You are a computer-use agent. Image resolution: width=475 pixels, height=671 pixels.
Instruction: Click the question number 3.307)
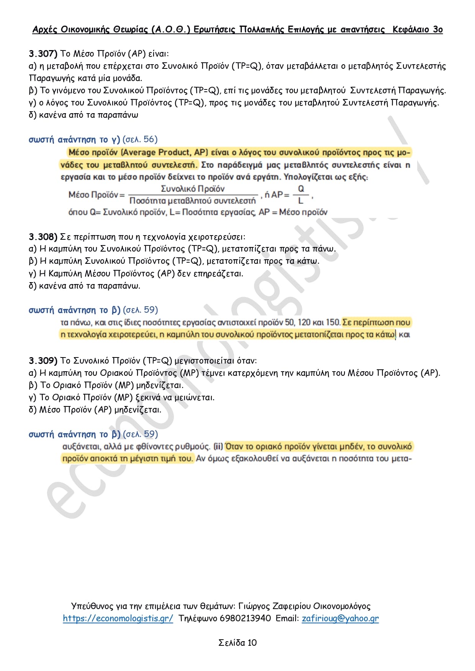(x=43, y=54)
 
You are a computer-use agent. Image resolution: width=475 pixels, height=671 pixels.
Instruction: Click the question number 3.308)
(x=43, y=237)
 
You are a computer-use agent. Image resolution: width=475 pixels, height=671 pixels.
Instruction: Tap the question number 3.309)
(x=43, y=361)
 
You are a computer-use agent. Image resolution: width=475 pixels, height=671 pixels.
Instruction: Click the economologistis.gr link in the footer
(x=118, y=618)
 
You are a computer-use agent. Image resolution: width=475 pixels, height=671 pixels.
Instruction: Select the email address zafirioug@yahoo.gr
(x=340, y=618)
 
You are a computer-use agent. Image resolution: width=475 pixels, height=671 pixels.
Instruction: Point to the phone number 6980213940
(x=245, y=618)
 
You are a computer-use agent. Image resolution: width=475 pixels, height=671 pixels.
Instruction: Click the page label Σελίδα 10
(x=237, y=643)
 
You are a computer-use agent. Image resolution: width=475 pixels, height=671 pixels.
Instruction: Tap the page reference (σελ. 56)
(x=140, y=140)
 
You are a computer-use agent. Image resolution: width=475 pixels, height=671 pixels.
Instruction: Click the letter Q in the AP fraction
(x=301, y=189)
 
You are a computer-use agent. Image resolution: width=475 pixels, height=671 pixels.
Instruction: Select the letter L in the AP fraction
(x=301, y=201)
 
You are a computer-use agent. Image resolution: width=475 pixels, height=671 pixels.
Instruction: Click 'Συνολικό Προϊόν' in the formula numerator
(x=193, y=189)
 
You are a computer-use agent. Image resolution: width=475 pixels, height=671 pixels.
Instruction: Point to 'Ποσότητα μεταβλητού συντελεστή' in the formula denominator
(x=193, y=201)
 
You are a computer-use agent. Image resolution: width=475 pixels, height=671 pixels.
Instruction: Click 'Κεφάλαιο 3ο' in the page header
(x=418, y=30)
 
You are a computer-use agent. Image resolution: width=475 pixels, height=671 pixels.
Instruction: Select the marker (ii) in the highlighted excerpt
(x=218, y=447)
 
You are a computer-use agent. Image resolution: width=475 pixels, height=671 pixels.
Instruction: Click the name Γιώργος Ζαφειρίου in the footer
(x=274, y=606)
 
